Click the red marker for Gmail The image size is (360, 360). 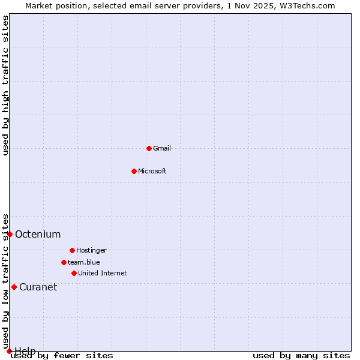[149, 148]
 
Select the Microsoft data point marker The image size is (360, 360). [134, 171]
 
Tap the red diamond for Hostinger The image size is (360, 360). [72, 250]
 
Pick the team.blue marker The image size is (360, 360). [64, 262]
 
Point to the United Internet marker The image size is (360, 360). [74, 273]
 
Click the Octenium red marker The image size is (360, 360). [10, 234]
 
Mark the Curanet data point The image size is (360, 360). [14, 287]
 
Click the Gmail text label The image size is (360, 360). [162, 148]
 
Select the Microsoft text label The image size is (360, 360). [152, 171]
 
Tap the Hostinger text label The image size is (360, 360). [91, 250]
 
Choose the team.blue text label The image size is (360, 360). [84, 262]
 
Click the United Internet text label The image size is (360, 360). [103, 273]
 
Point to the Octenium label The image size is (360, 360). [38, 234]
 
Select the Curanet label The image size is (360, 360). [38, 287]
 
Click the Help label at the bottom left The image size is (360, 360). [25, 350]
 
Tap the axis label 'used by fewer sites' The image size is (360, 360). [62, 356]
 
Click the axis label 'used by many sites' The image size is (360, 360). [301, 356]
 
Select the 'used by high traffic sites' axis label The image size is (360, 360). [6, 85]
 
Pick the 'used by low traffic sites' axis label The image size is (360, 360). [6, 281]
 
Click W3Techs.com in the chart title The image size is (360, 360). [305, 5]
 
